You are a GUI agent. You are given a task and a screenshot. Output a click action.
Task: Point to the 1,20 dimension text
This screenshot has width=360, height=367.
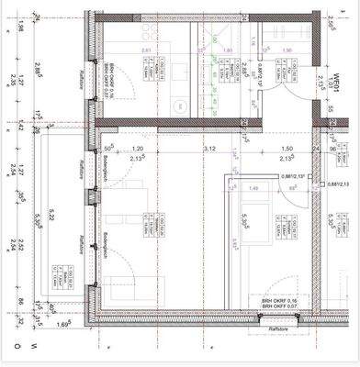tap(138, 148)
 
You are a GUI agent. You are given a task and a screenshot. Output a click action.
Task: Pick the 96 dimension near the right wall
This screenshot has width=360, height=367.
tap(332, 148)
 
